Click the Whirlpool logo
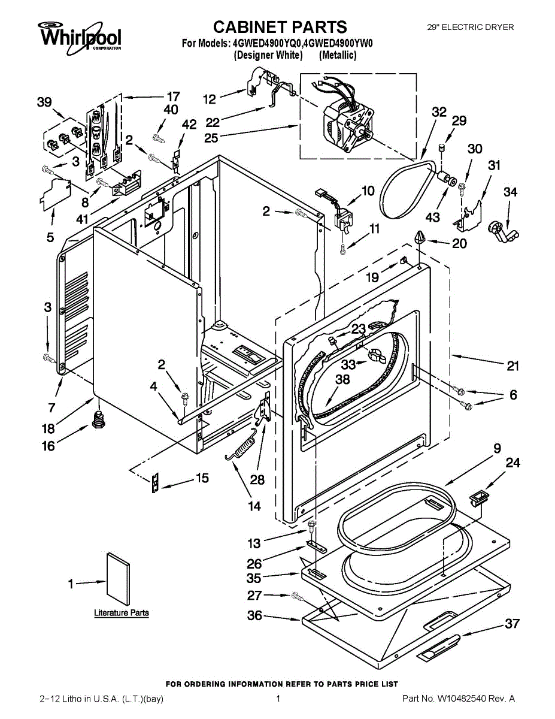pos(80,36)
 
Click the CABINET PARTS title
pos(280,27)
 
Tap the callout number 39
pos(44,102)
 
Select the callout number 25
pos(211,137)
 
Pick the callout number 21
pos(512,366)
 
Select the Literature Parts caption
pos(122,613)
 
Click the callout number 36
pos(254,615)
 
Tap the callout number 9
pos(497,448)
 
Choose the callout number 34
pos(510,192)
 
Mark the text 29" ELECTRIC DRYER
pos(470,27)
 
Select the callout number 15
pos(202,478)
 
